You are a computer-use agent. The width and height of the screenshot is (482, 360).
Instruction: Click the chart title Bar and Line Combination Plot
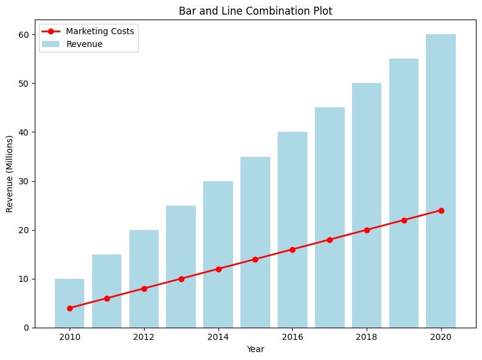point(255,10)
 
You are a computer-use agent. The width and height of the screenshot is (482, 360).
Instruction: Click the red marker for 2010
point(70,308)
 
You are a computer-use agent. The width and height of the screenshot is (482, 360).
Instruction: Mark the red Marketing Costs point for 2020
point(441,211)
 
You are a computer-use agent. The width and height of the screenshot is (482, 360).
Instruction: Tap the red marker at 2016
point(292,250)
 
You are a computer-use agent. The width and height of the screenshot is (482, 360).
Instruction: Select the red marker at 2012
point(144,289)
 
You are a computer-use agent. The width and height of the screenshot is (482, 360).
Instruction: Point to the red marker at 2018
point(367,230)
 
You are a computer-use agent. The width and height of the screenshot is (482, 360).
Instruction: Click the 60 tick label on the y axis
point(23,34)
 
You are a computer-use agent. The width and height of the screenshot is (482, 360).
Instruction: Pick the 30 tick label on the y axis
point(23,181)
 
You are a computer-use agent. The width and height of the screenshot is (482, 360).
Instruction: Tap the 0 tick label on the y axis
point(26,328)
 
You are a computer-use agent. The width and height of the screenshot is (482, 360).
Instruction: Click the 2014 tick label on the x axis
point(218,337)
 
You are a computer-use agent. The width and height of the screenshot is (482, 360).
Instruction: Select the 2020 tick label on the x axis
point(441,337)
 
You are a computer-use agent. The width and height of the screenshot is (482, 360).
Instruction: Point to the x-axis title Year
point(255,350)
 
